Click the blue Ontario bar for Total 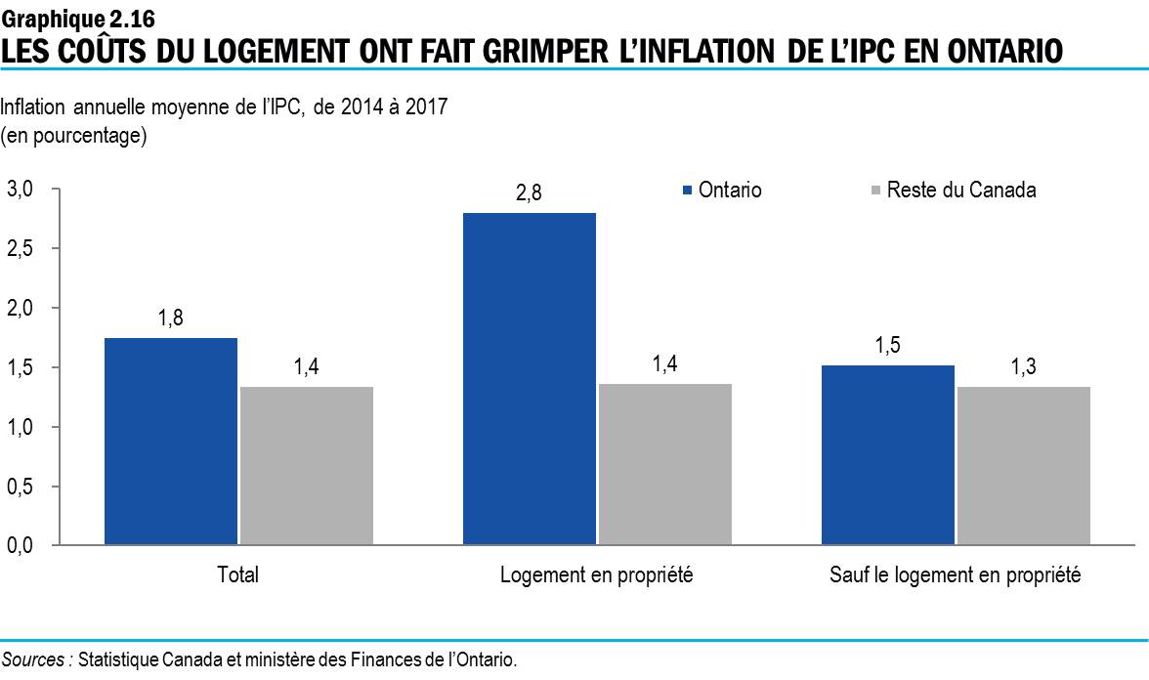171,441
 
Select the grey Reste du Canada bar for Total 306,465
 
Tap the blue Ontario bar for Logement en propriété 529,378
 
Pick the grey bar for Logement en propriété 664,464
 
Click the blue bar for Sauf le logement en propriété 887,454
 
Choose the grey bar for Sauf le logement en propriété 1023,465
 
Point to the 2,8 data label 529,194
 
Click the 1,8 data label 171,319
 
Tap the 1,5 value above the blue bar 887,346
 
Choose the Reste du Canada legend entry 952,191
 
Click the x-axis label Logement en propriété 596,575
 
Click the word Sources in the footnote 35,659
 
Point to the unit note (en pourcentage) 74,136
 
